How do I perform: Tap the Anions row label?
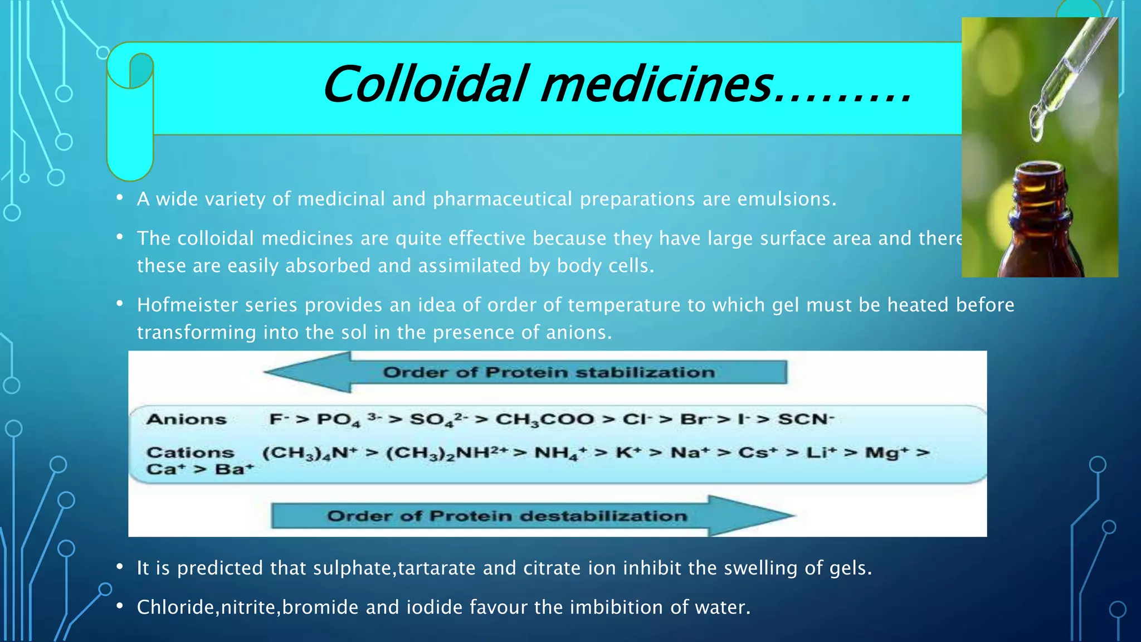187,419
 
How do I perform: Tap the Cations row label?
190,452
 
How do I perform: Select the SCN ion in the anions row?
806,419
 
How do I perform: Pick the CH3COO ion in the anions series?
544,419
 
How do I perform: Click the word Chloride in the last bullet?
175,607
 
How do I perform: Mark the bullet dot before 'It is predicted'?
119,567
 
